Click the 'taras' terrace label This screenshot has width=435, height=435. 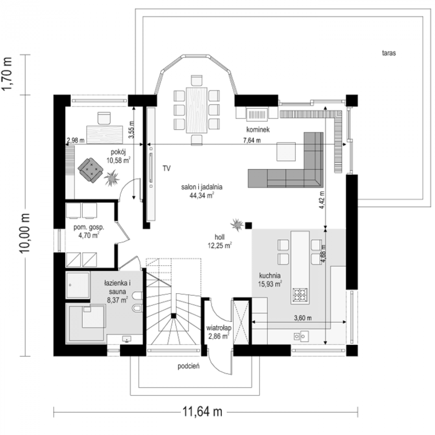click(389, 53)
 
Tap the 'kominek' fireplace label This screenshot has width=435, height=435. click(258, 129)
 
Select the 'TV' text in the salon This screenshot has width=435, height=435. click(167, 169)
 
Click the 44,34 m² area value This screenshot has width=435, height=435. click(202, 195)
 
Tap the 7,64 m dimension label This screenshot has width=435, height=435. click(252, 140)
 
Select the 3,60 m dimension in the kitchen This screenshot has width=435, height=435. click(303, 318)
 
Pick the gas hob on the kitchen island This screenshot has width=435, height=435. click(300, 295)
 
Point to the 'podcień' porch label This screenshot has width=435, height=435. click(189, 366)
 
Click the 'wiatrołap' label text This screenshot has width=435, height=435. click(219, 328)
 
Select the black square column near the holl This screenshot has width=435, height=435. click(249, 225)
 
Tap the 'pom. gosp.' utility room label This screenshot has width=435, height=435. click(89, 227)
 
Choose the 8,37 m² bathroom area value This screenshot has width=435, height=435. click(117, 300)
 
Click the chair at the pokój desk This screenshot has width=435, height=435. click(104, 118)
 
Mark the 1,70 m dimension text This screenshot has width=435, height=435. click(7, 74)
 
